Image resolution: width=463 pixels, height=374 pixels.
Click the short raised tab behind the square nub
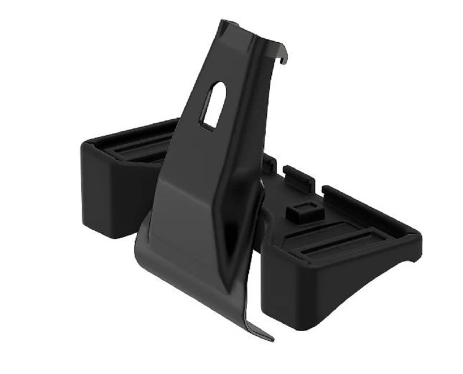(x=299, y=177)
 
